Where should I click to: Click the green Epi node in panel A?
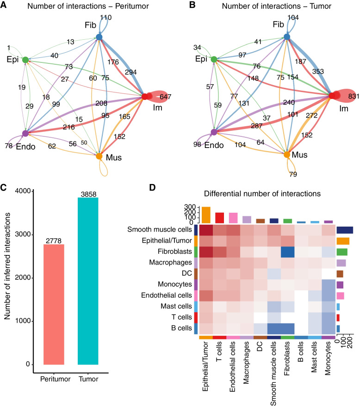(x=25, y=60)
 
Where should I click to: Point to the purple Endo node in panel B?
(x=214, y=132)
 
